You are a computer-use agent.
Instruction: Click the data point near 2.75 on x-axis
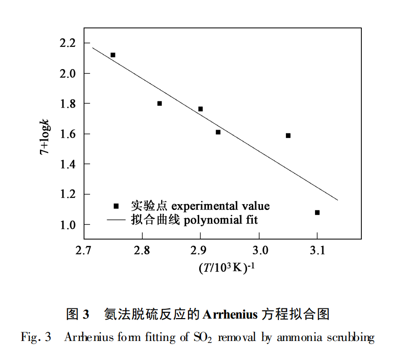pyautogui.click(x=113, y=55)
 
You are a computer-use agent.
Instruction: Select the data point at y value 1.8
pyautogui.click(x=160, y=103)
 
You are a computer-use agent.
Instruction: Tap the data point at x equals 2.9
pyautogui.click(x=201, y=109)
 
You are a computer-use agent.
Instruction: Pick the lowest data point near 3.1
pyautogui.click(x=318, y=212)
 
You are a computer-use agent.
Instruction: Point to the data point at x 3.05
pyautogui.click(x=288, y=135)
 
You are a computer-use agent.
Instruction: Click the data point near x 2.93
pyautogui.click(x=218, y=132)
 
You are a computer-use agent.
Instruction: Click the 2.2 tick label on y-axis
pyautogui.click(x=68, y=43)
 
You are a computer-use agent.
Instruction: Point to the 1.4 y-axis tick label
pyautogui.click(x=68, y=164)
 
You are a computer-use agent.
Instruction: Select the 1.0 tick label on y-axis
pyautogui.click(x=68, y=225)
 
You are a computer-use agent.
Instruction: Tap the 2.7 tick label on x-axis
pyautogui.click(x=84, y=250)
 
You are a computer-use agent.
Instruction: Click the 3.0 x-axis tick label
pyautogui.click(x=259, y=250)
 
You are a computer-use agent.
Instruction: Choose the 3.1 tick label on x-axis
pyautogui.click(x=318, y=250)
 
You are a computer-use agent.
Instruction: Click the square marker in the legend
pyautogui.click(x=116, y=206)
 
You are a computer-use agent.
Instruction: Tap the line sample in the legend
pyautogui.click(x=116, y=220)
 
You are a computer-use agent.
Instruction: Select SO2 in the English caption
pyautogui.click(x=202, y=338)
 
